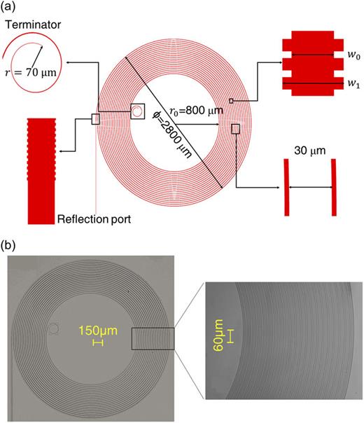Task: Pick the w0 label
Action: click(x=347, y=54)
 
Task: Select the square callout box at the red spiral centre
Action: click(x=138, y=111)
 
